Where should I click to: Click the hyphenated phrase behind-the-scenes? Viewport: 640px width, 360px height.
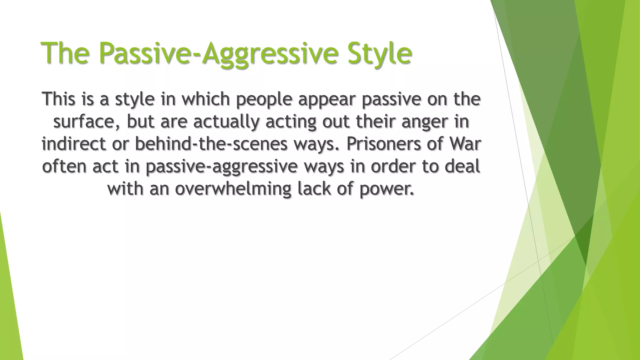tap(211, 144)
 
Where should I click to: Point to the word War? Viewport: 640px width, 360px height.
tap(465, 144)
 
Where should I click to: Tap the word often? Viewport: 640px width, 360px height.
tap(64, 166)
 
